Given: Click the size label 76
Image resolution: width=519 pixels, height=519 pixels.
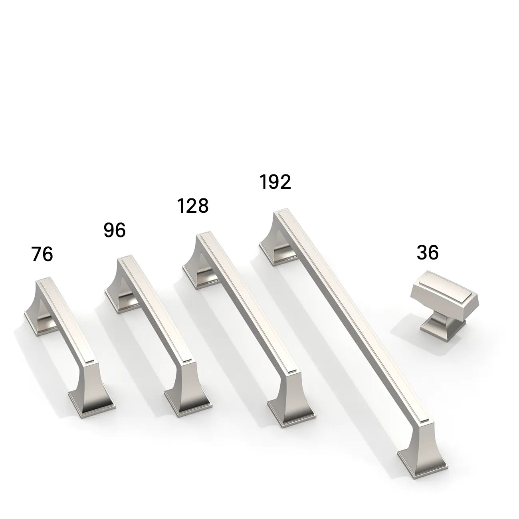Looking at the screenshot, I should pos(42,254).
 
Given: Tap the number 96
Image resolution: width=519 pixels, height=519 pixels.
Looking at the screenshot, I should pos(115,230).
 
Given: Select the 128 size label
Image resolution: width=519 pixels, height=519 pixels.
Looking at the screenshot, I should pos(193,206).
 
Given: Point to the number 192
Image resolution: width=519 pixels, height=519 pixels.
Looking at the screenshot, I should pos(275,182).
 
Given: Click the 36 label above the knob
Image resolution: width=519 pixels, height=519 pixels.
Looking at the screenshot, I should pos(428,253).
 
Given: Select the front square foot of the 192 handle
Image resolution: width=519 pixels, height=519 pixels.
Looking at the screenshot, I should pos(421,463).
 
